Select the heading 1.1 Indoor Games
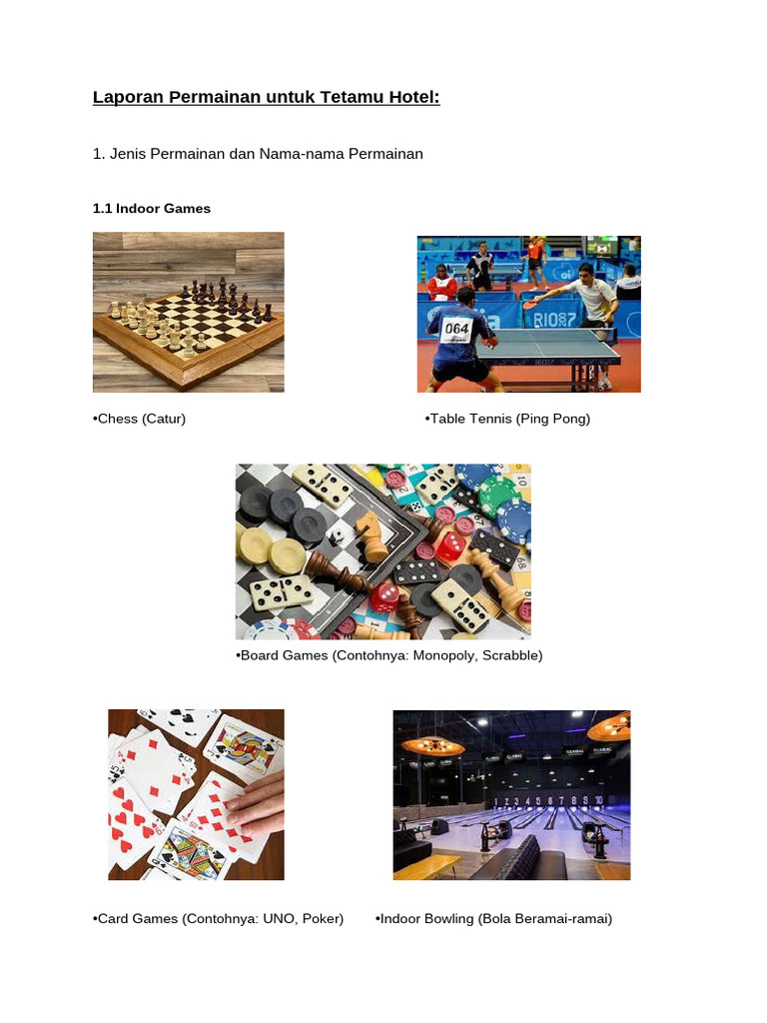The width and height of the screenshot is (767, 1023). pos(152,209)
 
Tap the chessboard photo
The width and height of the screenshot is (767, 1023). pos(188,312)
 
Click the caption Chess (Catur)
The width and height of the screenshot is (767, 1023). pos(140,419)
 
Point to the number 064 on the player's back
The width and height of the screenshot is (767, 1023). pos(456,328)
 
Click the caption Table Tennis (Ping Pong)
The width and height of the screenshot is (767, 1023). pos(509,419)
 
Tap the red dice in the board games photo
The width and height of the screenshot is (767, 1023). pos(451,544)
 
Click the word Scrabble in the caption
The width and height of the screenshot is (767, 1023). pos(509,655)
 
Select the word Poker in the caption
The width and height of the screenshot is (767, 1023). pos(321,918)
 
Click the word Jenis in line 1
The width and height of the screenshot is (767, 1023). pos(128,154)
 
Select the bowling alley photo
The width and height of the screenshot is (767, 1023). pos(511,794)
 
